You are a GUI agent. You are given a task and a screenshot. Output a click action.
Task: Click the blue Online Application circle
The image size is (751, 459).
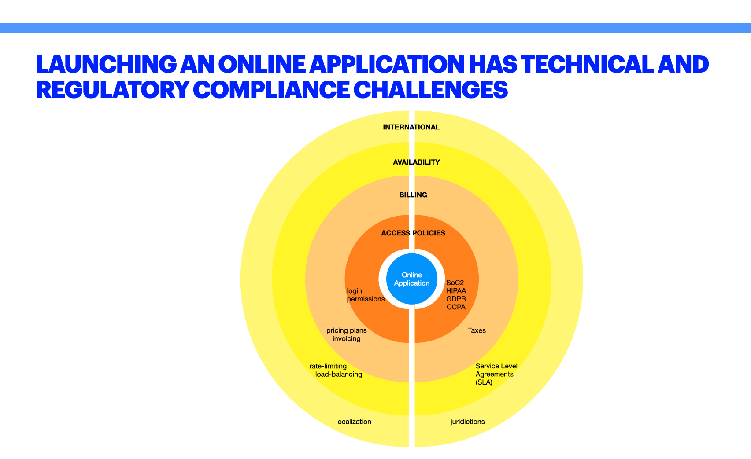(x=412, y=279)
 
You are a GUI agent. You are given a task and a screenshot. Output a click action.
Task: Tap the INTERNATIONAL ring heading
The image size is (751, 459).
(x=411, y=127)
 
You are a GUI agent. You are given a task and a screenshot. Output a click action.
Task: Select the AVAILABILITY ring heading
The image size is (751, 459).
(x=416, y=162)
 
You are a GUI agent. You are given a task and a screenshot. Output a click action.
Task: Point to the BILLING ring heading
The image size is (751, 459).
(x=413, y=195)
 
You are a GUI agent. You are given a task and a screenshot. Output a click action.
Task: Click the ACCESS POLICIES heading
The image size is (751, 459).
(x=413, y=233)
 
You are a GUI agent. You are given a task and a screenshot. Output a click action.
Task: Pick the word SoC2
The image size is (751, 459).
(x=455, y=283)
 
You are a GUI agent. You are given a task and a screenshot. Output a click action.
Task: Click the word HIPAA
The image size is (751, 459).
(x=456, y=291)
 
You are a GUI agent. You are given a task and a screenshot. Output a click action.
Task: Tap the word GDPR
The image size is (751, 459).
(x=456, y=299)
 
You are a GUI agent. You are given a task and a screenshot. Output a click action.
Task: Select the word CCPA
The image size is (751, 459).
(x=456, y=307)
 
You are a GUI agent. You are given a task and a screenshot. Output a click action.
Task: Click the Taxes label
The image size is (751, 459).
(x=477, y=330)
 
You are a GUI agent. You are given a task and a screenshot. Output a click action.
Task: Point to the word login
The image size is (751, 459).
(x=355, y=291)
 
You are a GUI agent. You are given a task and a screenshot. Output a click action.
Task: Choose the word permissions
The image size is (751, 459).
(x=366, y=299)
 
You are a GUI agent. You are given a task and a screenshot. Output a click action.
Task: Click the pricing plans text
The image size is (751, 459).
(x=347, y=330)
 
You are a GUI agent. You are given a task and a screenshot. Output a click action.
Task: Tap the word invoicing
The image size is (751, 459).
(x=347, y=339)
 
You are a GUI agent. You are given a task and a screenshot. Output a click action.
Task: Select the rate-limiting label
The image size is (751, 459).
(x=328, y=366)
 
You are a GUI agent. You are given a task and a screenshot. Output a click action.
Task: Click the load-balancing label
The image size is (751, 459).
(x=339, y=374)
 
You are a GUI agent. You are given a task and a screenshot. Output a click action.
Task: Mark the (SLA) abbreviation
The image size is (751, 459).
(x=484, y=382)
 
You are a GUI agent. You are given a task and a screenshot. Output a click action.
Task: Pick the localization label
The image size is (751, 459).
(x=354, y=422)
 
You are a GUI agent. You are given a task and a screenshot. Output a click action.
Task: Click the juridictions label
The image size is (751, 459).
(x=467, y=422)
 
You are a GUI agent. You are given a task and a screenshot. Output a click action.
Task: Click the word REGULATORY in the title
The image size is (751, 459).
(x=112, y=90)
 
